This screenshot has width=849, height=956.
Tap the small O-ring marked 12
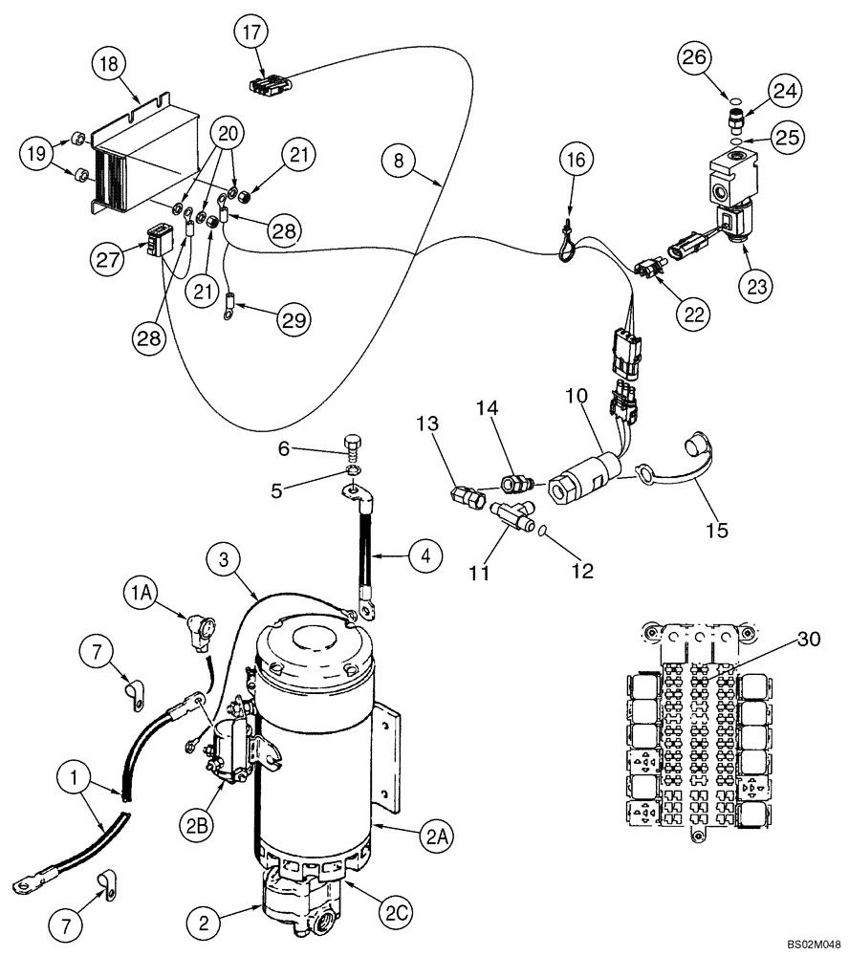tap(541, 530)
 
